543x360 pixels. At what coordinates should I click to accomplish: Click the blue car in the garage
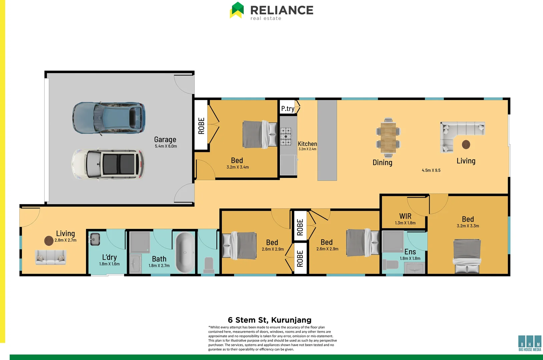click(109, 118)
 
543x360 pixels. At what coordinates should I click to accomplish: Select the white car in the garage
click(108, 164)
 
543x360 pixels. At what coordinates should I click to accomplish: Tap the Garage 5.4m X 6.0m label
click(165, 142)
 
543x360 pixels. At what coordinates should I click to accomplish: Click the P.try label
click(288, 109)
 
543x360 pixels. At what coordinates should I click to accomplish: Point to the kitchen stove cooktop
click(286, 136)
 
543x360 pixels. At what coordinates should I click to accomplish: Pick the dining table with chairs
click(388, 137)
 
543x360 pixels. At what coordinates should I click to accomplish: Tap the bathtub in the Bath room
click(184, 252)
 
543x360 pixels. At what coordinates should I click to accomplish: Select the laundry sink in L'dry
click(95, 239)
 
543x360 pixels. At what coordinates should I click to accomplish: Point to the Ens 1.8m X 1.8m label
click(410, 254)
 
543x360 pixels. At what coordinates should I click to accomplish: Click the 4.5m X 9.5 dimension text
click(431, 170)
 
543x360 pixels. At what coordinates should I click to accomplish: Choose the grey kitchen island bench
click(327, 140)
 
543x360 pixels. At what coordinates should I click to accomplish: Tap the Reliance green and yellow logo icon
click(237, 10)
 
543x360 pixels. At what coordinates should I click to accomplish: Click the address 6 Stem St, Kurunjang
click(269, 320)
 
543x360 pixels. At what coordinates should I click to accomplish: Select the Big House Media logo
click(530, 343)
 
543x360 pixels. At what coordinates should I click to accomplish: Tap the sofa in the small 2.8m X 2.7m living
click(51, 257)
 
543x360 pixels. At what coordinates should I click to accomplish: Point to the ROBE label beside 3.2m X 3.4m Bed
click(201, 126)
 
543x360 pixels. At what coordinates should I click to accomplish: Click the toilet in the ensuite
click(391, 265)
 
